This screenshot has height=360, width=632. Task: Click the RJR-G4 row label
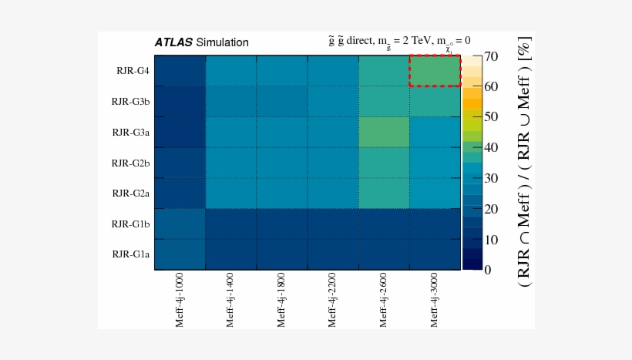133,71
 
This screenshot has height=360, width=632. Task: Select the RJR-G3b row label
130,101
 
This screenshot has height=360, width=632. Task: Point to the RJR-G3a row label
130,132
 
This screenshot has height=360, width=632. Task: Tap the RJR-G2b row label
130,163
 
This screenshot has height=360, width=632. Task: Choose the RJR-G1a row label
130,254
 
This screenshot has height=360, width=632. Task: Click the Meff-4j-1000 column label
180,300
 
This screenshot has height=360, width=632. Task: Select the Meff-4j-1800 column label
282,300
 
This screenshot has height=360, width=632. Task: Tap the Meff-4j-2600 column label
384,300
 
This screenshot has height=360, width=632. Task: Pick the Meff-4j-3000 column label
435,300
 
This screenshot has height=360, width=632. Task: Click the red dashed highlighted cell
435,71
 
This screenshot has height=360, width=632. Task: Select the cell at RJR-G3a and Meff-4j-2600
384,132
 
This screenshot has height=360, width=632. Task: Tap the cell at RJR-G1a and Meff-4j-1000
180,254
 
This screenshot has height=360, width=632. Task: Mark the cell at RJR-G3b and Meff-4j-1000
180,101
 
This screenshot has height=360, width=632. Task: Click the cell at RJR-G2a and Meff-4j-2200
333,193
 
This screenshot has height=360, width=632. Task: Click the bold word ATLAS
173,43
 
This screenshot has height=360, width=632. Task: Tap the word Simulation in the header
223,43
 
